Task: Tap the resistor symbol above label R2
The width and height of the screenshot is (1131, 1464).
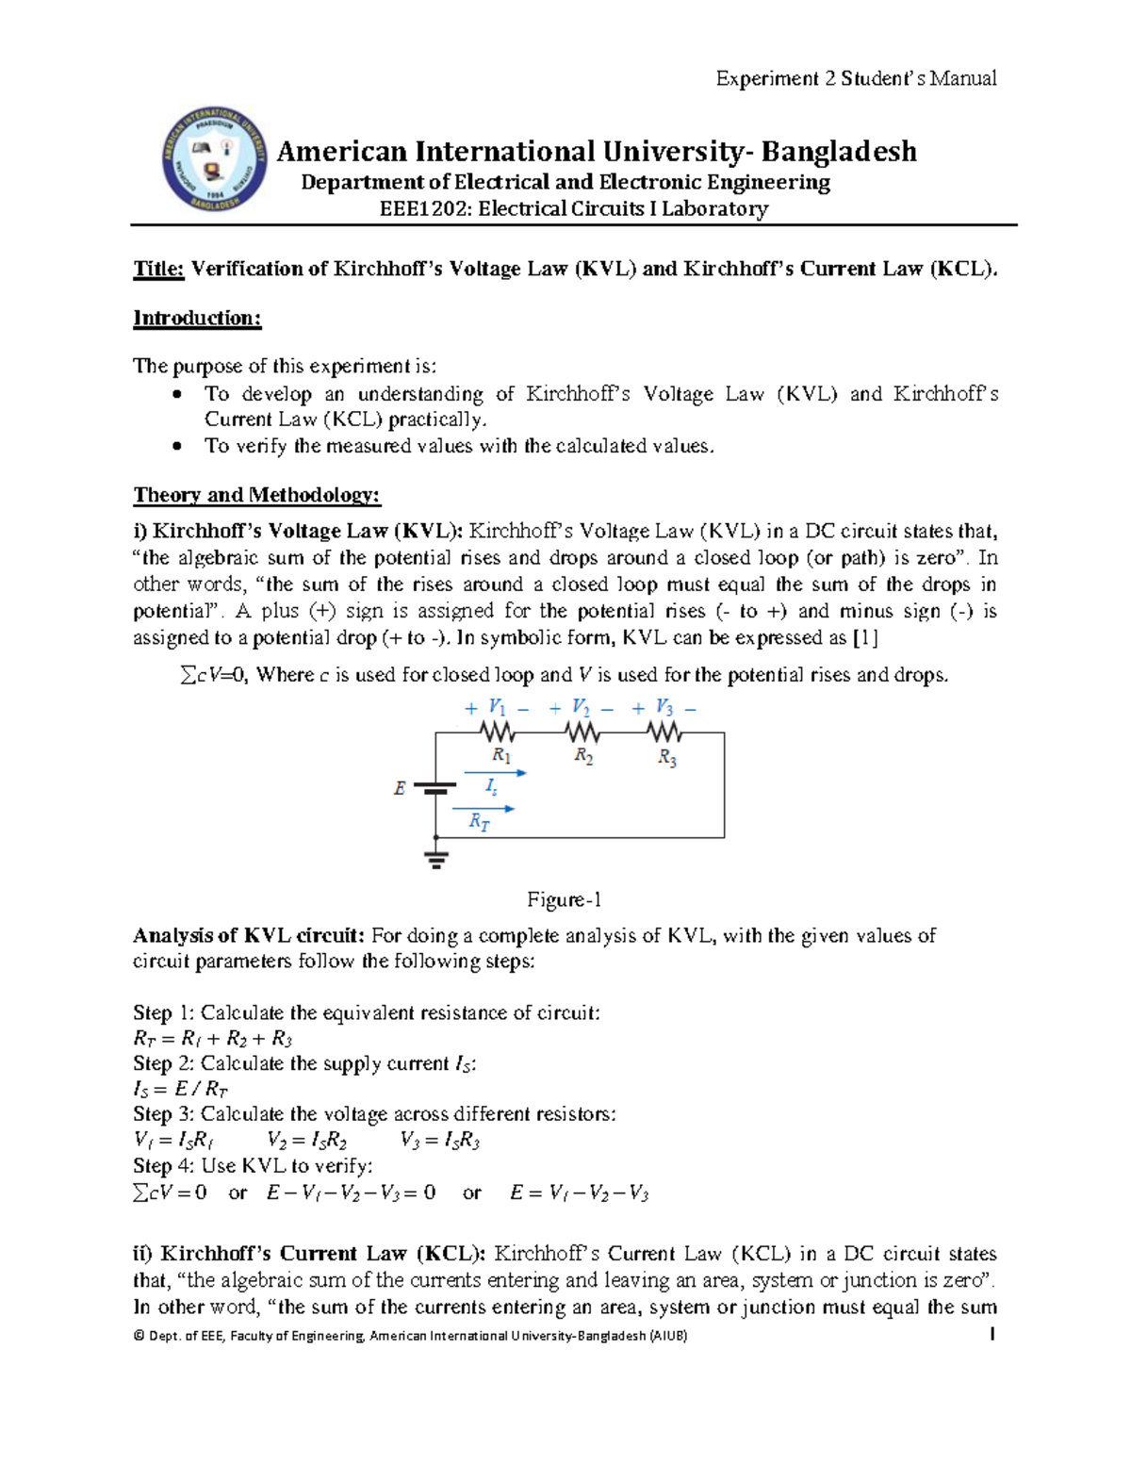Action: pyautogui.click(x=582, y=732)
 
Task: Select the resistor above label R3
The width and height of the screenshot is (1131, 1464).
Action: pyautogui.click(x=664, y=732)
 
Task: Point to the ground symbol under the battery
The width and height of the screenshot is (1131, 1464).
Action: pyautogui.click(x=435, y=859)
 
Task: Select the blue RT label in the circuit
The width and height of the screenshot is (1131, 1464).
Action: pyautogui.click(x=479, y=822)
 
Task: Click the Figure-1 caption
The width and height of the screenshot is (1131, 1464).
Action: pyautogui.click(x=564, y=899)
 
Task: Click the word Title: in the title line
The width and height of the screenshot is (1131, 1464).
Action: pyautogui.click(x=158, y=269)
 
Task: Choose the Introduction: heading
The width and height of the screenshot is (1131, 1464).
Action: pyautogui.click(x=197, y=318)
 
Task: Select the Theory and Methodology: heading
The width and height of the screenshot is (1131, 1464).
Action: pyautogui.click(x=256, y=495)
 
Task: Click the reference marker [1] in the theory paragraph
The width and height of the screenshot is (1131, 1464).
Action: pyautogui.click(x=864, y=638)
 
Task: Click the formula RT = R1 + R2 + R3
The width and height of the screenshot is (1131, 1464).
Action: pyautogui.click(x=213, y=1039)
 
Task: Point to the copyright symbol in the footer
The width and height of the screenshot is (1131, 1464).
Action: pyautogui.click(x=139, y=1336)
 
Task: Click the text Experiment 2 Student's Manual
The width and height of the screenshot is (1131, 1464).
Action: pyautogui.click(x=855, y=78)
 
